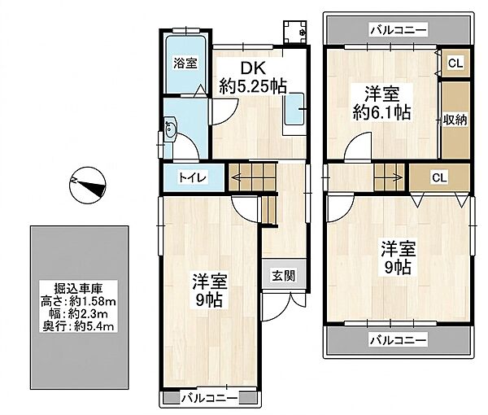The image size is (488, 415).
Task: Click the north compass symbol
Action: coord(88,186)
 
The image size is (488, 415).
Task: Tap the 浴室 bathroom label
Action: coord(185,63)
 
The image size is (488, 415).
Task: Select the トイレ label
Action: coord(193,177)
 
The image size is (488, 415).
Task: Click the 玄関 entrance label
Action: coord(284,276)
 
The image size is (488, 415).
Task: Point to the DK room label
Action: coord(254,68)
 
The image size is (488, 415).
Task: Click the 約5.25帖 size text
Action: coord(253,86)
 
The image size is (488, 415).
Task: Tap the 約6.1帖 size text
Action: coord(382,112)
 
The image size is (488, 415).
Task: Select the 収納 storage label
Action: coord(455,120)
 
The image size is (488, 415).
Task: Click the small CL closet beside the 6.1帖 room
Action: coord(455,63)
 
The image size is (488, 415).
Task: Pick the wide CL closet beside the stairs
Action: coord(439,177)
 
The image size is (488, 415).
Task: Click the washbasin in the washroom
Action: coord(170,129)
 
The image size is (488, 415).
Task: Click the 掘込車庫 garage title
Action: coord(78,289)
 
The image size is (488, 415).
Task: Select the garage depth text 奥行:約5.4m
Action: coord(78,326)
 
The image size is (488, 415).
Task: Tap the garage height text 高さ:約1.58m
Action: coord(78,301)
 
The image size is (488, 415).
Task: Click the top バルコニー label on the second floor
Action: coord(399,30)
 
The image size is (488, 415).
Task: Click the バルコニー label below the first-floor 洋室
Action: coord(209,398)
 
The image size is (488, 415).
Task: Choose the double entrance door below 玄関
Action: coord(283,306)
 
